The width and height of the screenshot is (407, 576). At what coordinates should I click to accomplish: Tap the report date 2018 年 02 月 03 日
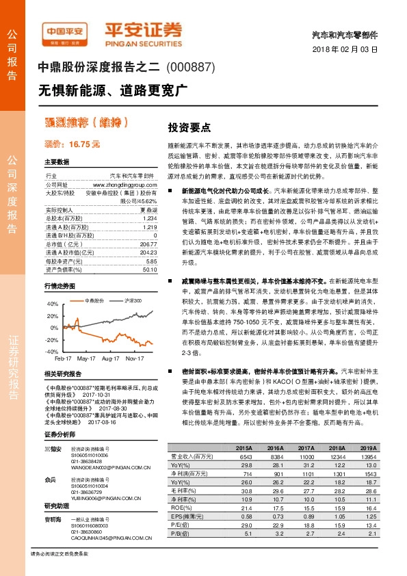350,50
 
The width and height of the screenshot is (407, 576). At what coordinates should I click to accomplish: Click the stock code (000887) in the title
192,68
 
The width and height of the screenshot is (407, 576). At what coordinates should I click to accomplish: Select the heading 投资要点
189,128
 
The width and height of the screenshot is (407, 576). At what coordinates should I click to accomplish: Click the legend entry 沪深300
133,300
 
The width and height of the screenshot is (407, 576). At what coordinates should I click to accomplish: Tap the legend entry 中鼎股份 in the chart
94,300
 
